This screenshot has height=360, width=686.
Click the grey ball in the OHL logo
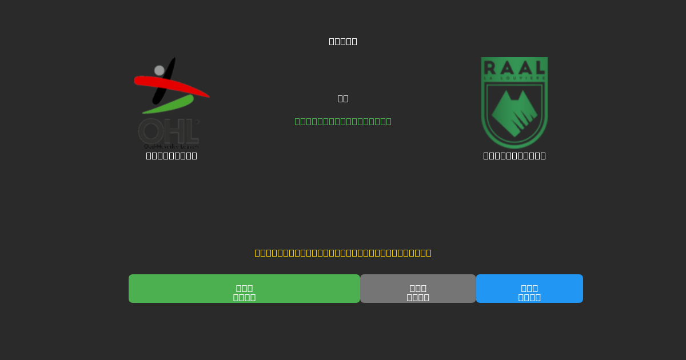click(x=159, y=70)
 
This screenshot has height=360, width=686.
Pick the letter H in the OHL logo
click(x=172, y=131)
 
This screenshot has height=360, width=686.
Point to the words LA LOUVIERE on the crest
click(x=514, y=78)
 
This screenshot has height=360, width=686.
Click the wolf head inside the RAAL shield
click(x=514, y=113)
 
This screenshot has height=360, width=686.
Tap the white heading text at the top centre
click(x=343, y=41)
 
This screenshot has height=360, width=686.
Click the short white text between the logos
click(x=343, y=98)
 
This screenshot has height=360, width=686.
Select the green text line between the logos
click(x=343, y=121)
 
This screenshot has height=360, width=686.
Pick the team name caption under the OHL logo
click(x=171, y=155)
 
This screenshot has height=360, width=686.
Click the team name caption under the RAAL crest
click(x=514, y=155)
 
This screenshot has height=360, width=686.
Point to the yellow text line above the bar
click(x=343, y=253)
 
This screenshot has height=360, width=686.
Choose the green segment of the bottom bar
click(x=244, y=289)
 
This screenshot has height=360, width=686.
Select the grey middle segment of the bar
click(x=418, y=289)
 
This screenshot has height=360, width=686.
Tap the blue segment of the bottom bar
click(x=529, y=289)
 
